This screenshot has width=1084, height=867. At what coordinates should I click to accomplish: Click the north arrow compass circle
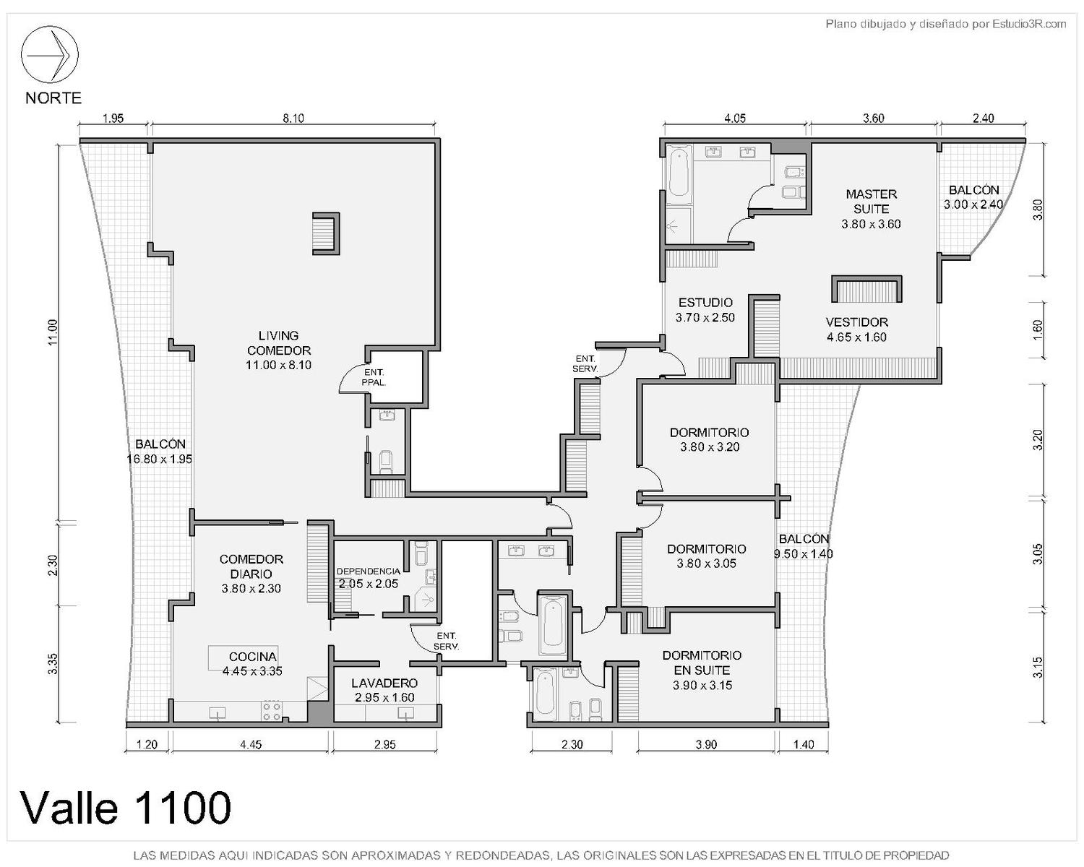(50, 54)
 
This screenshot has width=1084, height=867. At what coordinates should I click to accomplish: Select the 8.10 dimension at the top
(293, 118)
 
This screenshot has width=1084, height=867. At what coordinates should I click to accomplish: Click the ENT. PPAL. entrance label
(373, 377)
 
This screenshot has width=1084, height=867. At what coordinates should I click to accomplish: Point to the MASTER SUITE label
(871, 202)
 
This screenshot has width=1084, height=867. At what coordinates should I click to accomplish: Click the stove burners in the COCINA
(271, 711)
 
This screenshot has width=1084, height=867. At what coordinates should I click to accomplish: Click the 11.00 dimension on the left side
(53, 332)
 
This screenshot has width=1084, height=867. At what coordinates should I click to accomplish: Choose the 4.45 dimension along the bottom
(250, 744)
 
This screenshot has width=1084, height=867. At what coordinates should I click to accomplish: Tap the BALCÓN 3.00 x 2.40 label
(973, 197)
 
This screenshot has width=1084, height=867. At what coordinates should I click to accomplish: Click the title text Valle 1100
(126, 808)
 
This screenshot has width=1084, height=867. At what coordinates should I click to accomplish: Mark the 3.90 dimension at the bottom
(706, 744)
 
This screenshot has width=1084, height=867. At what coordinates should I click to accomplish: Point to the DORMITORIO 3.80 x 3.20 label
(709, 439)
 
